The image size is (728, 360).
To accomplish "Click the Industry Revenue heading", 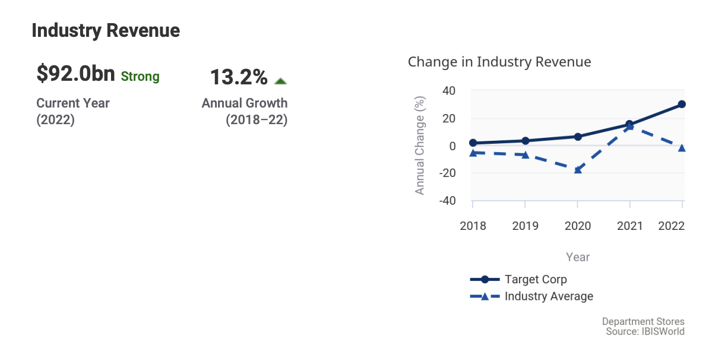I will [106, 30].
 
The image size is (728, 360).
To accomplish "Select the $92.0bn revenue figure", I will [75, 74].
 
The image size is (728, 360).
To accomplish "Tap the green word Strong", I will [140, 77].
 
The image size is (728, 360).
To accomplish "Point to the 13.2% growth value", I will [239, 77].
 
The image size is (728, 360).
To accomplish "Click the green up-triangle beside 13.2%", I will [281, 81].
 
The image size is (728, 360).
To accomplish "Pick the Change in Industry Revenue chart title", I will [499, 62].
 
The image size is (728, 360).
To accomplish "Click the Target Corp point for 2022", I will [682, 104].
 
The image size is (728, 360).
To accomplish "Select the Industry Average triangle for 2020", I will [577, 170].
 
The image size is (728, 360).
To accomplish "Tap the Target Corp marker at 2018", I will [473, 143].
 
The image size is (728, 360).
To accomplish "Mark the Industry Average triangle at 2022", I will [682, 148].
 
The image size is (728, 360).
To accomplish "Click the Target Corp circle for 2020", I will [577, 137].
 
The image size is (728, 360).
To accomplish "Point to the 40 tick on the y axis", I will [448, 91].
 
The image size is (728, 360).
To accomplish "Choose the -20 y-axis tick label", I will [447, 173].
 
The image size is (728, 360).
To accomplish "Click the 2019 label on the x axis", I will [525, 226].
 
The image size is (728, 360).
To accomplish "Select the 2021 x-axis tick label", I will [629, 226].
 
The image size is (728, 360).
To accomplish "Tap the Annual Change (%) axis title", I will [420, 146].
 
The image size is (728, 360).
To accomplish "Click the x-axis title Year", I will [578, 257].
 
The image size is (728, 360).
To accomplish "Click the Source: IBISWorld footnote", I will [645, 331].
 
